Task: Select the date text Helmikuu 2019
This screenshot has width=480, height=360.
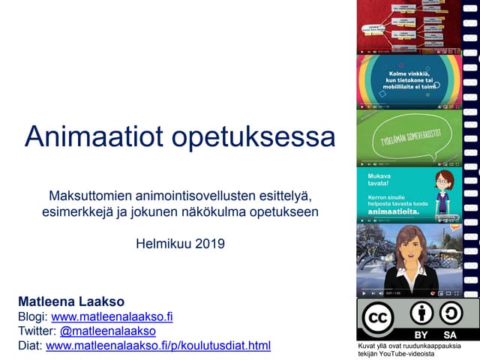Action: pyautogui.click(x=180, y=243)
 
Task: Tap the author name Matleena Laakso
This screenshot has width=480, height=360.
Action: pyautogui.click(x=70, y=301)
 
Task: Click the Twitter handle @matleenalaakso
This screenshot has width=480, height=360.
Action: pyautogui.click(x=108, y=331)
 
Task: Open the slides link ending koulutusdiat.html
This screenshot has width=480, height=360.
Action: pyautogui.click(x=158, y=346)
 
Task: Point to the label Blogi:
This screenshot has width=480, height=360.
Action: pyautogui.click(x=32, y=316)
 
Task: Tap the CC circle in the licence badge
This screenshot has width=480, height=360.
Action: pyautogui.click(x=377, y=317)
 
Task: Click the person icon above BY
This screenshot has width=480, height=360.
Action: pyautogui.click(x=421, y=313)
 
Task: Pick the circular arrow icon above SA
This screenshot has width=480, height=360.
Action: pyautogui.click(x=450, y=313)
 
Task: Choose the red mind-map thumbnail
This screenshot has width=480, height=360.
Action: pyautogui.click(x=408, y=27)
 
